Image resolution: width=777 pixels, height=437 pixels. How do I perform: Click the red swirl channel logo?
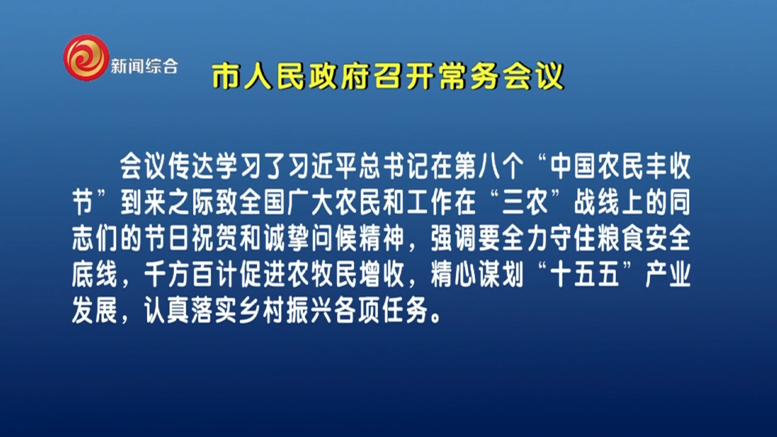click(x=86, y=57)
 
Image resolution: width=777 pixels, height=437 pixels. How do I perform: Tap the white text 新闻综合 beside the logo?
click(x=144, y=66)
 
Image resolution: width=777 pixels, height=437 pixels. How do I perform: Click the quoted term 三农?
click(x=525, y=202)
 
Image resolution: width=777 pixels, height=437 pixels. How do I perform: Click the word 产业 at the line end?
click(x=668, y=274)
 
